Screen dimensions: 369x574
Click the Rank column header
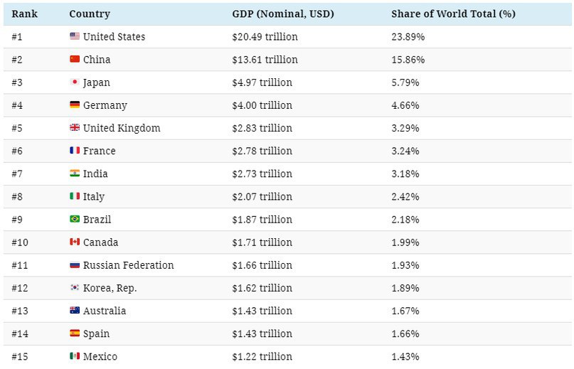[x=24, y=14]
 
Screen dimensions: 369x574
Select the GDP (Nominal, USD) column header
[x=282, y=14]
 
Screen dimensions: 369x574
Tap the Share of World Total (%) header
[x=453, y=14]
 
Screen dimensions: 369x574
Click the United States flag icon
[x=75, y=36]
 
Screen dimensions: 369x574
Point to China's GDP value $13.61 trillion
[x=265, y=60]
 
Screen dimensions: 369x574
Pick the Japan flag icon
[x=75, y=82]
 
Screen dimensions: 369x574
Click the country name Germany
[x=105, y=105]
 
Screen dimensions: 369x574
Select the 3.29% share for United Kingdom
[x=405, y=128]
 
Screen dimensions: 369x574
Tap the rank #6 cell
[x=17, y=151]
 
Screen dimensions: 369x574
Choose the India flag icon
[x=75, y=173]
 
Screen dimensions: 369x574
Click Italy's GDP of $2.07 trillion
[x=262, y=196]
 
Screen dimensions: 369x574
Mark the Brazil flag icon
[x=75, y=219]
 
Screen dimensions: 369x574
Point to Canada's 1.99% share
[x=405, y=242]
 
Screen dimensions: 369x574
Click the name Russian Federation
[x=128, y=265]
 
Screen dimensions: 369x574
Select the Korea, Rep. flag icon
[x=75, y=288]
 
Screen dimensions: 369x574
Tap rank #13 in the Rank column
[x=20, y=311]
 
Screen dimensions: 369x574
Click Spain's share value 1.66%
[x=405, y=333]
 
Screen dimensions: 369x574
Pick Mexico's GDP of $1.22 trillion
[x=262, y=356]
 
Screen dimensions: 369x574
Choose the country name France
[x=99, y=151]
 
